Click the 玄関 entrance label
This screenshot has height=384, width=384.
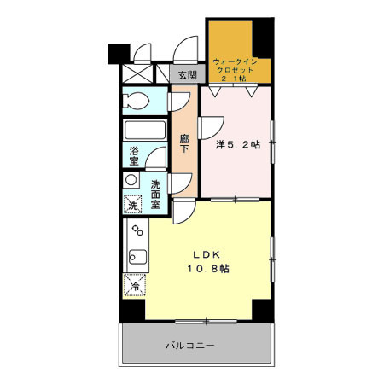pos(187,75)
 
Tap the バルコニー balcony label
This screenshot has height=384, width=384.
pos(189,346)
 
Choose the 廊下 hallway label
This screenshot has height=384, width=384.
pos(184,143)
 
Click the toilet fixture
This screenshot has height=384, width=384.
pos(137,102)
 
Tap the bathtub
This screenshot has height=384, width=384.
pos(143,132)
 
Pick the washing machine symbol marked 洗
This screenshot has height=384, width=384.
pos(132,205)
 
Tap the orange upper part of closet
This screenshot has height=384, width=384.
pos(230,38)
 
